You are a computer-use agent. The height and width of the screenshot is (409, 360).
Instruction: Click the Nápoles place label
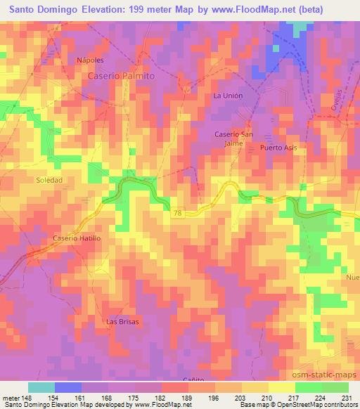coord(90,60)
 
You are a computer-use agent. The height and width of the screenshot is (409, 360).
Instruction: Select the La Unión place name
coord(227,94)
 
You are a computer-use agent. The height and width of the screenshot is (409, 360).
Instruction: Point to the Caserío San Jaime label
coord(233,138)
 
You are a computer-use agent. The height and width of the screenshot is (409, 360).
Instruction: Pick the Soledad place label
coord(50,181)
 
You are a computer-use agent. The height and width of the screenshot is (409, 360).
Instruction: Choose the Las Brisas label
coord(122,321)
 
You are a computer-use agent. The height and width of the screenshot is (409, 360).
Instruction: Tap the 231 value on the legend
coord(347,397)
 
